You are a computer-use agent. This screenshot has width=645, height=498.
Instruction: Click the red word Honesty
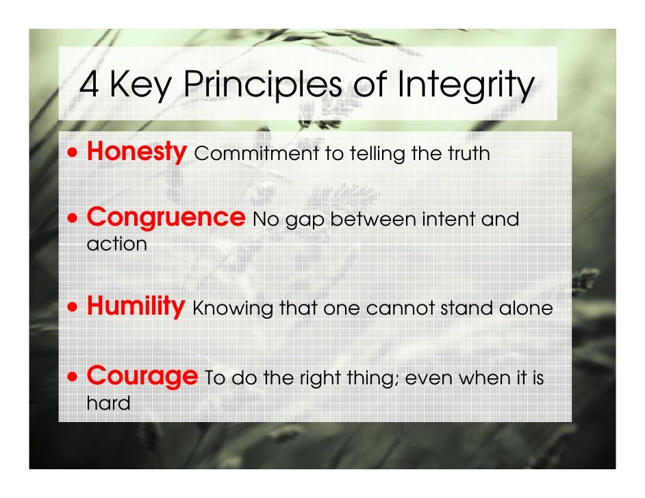point(136,152)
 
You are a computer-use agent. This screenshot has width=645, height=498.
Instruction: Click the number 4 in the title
point(89,86)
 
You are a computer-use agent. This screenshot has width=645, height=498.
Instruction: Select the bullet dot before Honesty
point(73,153)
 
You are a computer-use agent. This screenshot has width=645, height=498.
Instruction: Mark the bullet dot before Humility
point(73,307)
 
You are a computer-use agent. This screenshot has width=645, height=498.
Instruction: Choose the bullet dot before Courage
point(73,376)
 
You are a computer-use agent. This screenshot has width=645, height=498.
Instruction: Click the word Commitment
point(257,153)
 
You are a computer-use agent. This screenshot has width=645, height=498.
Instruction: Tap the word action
point(116,244)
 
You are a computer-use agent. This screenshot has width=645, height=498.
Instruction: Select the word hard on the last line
point(108,402)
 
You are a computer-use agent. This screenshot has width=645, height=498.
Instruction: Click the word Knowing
point(233,309)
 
